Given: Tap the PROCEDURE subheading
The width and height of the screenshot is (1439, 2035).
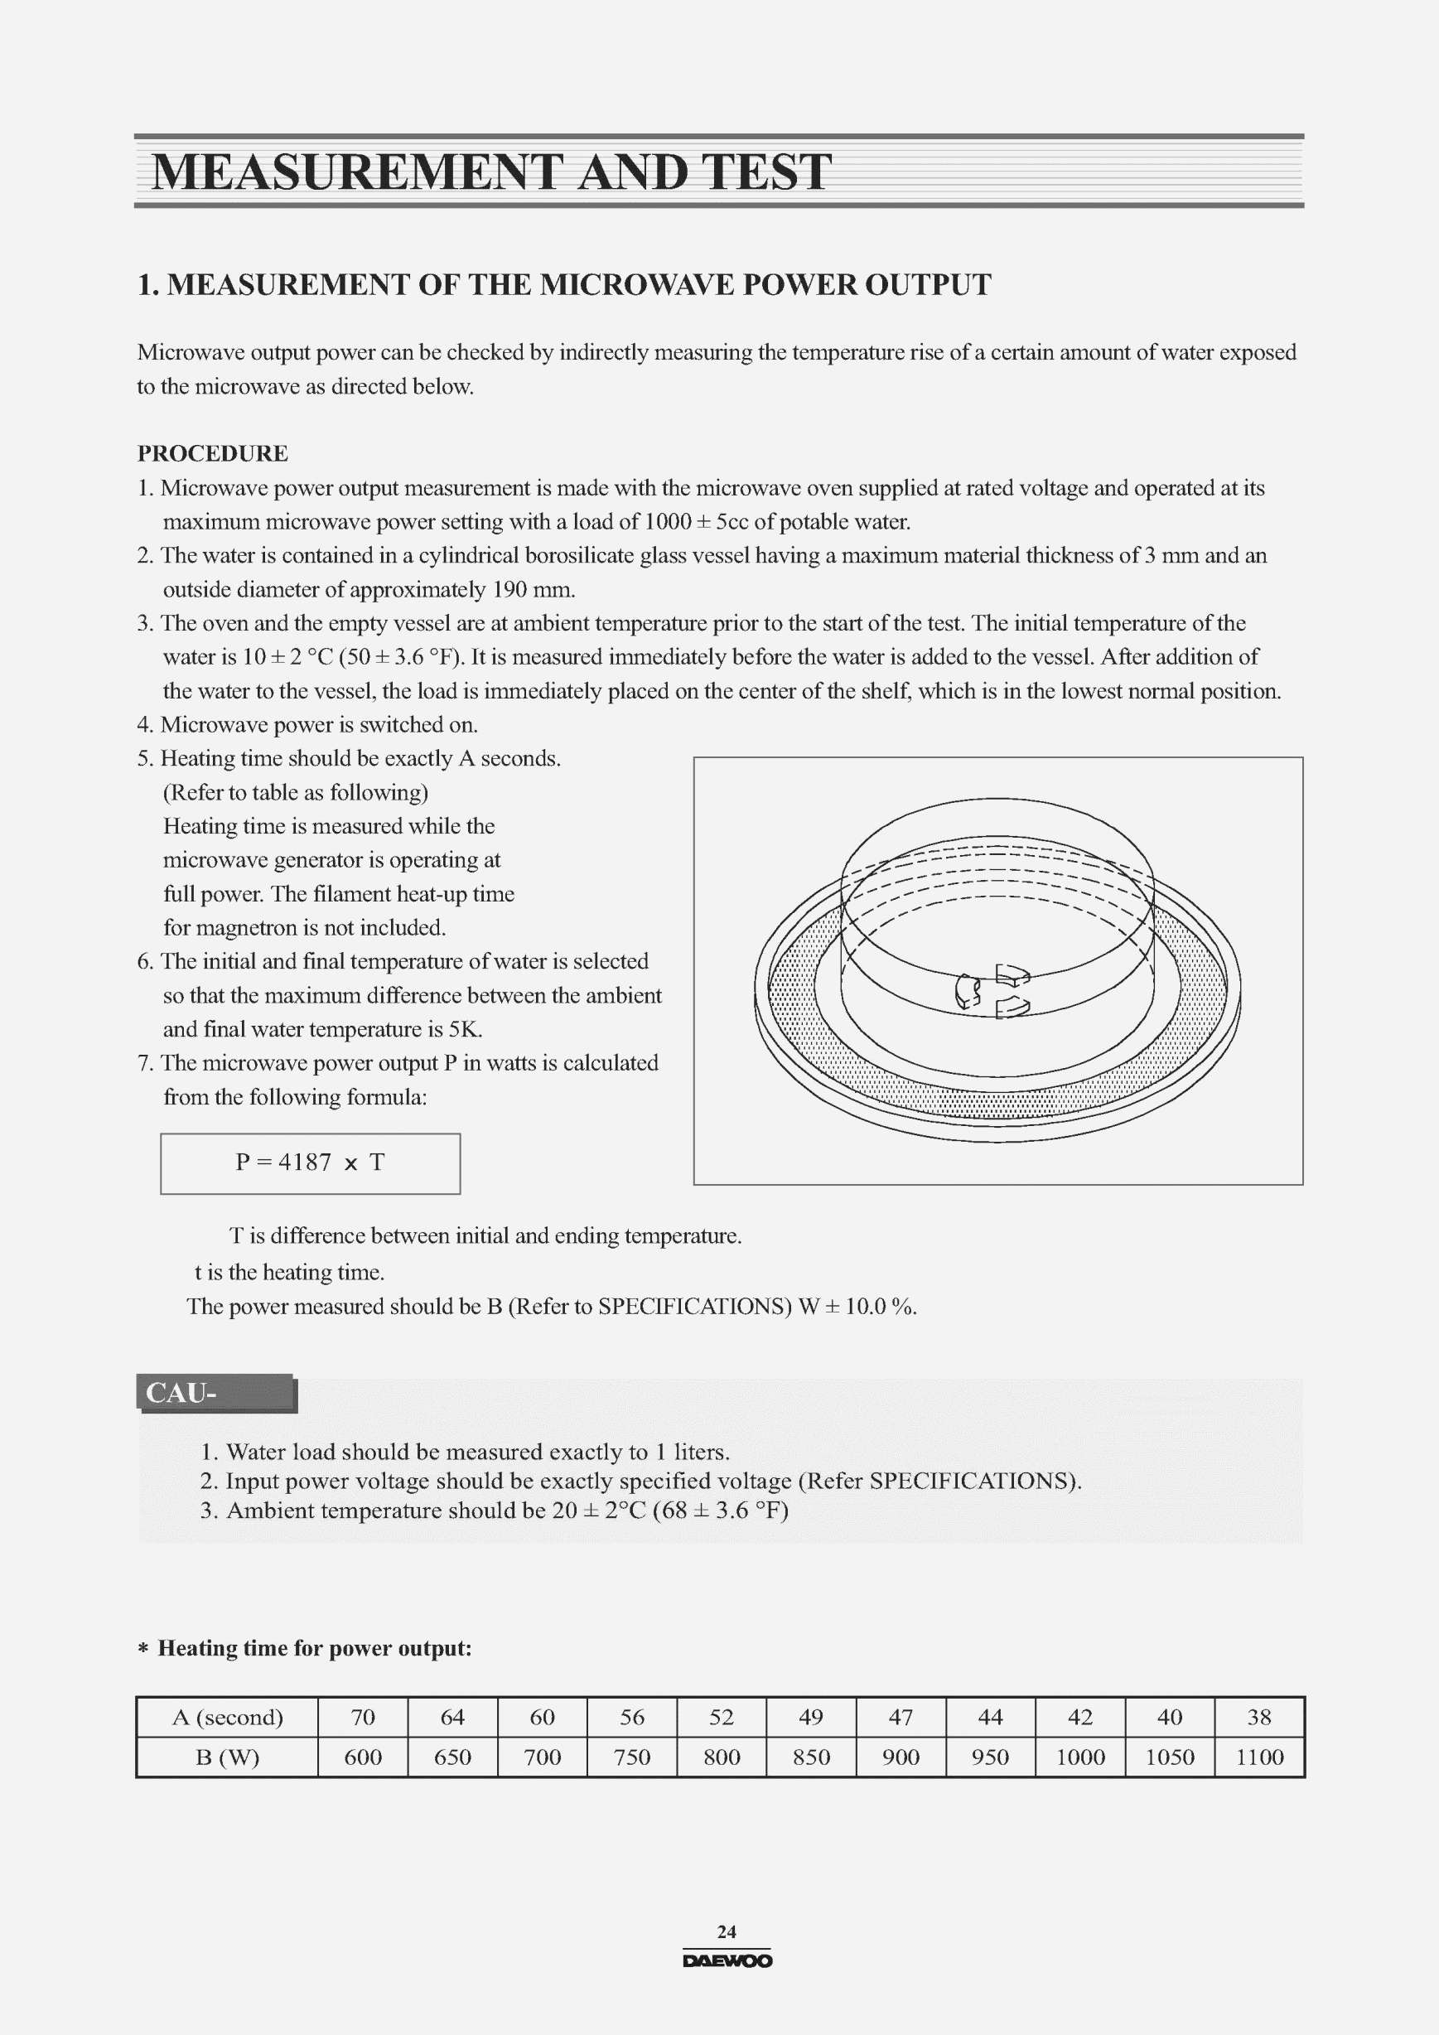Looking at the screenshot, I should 213,454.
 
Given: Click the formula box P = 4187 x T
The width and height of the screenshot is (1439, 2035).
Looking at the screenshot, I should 310,1163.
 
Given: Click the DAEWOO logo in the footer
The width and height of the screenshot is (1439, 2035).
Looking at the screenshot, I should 727,1961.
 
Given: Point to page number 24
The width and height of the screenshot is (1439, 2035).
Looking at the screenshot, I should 727,1932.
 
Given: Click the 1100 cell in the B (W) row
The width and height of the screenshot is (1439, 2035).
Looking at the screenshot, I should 1259,1757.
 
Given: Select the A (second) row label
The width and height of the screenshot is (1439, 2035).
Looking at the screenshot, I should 228,1718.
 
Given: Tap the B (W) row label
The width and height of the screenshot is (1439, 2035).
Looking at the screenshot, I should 228,1757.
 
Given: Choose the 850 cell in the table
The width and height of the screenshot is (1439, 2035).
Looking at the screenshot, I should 811,1757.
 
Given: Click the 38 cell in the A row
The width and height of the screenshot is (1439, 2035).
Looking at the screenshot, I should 1259,1718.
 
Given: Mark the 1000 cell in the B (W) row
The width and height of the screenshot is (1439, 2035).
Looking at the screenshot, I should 1080,1757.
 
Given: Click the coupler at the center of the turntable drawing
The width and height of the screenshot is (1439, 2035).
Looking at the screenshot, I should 992,991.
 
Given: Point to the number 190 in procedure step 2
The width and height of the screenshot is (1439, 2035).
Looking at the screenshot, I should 509,590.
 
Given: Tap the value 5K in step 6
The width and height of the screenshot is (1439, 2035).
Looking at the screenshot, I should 464,1030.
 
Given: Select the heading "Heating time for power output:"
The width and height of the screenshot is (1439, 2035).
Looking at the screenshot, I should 315,1649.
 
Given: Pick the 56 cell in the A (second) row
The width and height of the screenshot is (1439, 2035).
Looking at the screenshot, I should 632,1718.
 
